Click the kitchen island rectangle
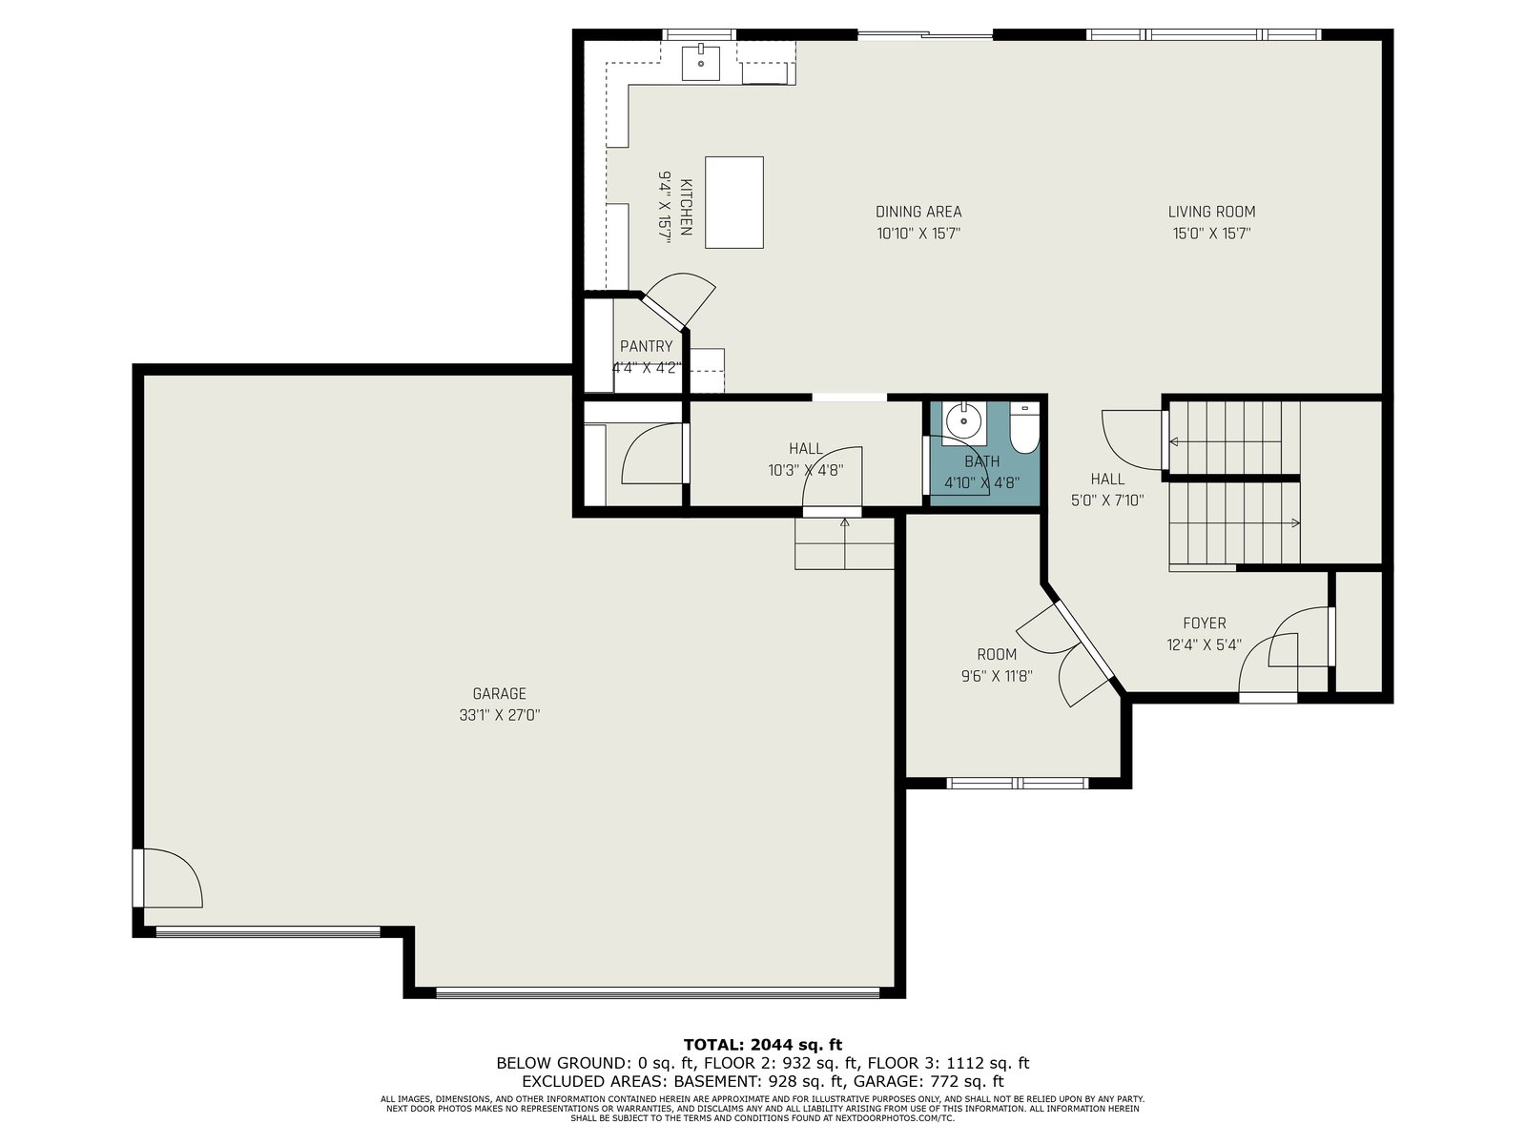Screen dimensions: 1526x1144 [x=734, y=202]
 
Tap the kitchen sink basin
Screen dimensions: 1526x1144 [x=700, y=63]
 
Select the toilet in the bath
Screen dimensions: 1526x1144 [x=1024, y=428]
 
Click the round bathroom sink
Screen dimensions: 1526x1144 [x=963, y=420]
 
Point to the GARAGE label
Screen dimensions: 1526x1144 [x=499, y=693]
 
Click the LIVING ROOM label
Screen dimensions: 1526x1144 [x=1212, y=212]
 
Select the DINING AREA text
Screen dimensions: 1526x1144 [x=918, y=212]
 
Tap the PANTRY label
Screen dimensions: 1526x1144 [x=646, y=346]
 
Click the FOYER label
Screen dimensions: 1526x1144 [x=1205, y=623]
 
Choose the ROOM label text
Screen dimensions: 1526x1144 [x=997, y=654]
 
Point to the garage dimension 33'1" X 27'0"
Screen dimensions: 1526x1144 [x=499, y=715]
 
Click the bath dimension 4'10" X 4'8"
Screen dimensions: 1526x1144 [x=981, y=482]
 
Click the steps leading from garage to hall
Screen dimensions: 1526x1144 [x=844, y=543]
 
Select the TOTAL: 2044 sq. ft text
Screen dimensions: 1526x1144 [x=763, y=1045]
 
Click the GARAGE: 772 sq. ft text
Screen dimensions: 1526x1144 [x=928, y=1081]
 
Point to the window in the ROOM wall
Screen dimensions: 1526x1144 [x=1017, y=784]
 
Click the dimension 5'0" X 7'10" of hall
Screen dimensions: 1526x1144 [x=1106, y=500]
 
